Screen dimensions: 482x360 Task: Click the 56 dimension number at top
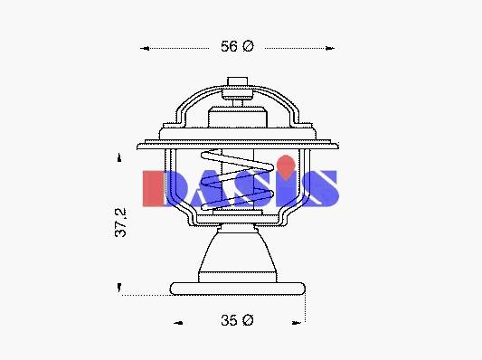pyautogui.click(x=229, y=46)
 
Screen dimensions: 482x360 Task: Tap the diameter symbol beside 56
pyautogui.click(x=248, y=46)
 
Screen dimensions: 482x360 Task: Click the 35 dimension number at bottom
pyautogui.click(x=229, y=320)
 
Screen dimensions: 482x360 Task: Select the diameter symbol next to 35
pyautogui.click(x=248, y=320)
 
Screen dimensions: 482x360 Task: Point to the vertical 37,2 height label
pyautogui.click(x=120, y=223)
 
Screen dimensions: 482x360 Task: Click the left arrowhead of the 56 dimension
pyautogui.click(x=145, y=48)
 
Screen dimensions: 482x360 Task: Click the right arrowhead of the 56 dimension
pyautogui.click(x=330, y=48)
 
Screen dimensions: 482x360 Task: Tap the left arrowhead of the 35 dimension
pyautogui.click(x=178, y=323)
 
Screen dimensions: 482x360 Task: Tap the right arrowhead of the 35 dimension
pyautogui.click(x=296, y=323)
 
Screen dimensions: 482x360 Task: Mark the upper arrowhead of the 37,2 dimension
pyautogui.click(x=119, y=157)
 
